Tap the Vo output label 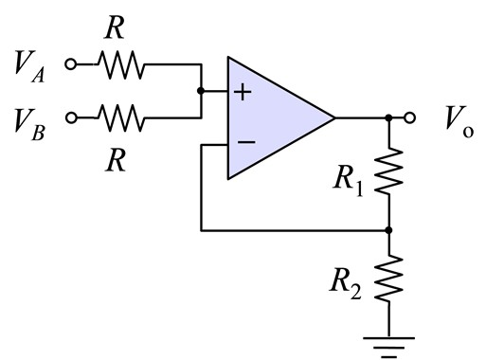459,118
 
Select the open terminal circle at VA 69,65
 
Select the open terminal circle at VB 69,118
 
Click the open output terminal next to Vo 410,118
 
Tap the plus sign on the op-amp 243,93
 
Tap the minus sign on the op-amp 244,144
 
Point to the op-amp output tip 333,118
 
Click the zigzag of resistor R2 389,279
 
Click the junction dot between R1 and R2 389,229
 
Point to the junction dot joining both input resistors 201,92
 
